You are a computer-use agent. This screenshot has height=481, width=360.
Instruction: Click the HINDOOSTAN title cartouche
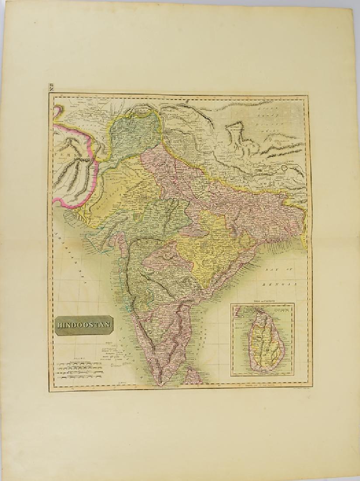[84, 325]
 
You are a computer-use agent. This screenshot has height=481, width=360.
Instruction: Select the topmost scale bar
[79, 362]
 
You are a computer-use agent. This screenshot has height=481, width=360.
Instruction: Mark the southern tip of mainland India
[161, 383]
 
